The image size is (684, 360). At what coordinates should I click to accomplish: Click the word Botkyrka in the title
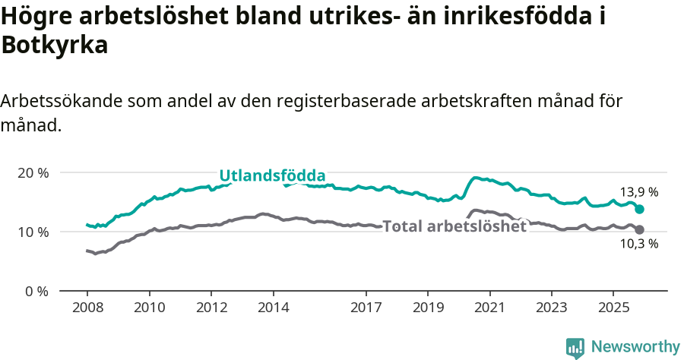click(x=55, y=45)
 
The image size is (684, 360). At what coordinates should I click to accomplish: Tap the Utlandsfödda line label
click(x=272, y=176)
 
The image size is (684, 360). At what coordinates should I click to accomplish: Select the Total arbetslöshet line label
click(x=454, y=226)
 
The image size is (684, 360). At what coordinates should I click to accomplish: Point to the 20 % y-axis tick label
click(x=33, y=172)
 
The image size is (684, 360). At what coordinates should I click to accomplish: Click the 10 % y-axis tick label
click(x=33, y=232)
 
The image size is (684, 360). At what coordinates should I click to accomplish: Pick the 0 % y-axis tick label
click(x=36, y=291)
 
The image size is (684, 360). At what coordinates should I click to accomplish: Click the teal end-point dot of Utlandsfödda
click(x=639, y=209)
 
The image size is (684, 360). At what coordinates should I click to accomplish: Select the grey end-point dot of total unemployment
click(x=639, y=229)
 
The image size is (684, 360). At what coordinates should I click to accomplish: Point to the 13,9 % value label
click(x=638, y=193)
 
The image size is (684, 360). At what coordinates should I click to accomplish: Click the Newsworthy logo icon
click(x=575, y=347)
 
